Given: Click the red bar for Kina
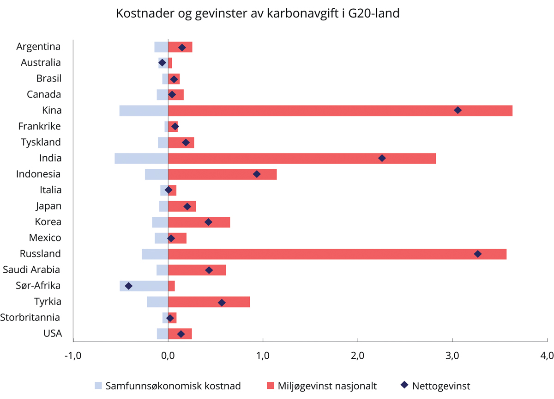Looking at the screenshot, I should [x=340, y=110].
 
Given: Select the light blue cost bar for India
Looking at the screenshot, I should [x=141, y=158].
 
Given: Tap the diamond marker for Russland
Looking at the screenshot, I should [x=478, y=254].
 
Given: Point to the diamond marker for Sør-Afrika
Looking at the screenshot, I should [x=128, y=286].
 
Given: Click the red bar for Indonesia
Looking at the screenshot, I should [x=222, y=174].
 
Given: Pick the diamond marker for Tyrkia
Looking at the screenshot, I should [x=222, y=302].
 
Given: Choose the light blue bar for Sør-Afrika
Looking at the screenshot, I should [x=144, y=286].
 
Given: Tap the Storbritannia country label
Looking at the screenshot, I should [x=30, y=318].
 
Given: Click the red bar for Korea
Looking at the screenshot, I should [x=199, y=222].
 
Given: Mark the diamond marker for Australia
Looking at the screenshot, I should [x=162, y=62].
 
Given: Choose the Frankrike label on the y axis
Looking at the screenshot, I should [x=39, y=126].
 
